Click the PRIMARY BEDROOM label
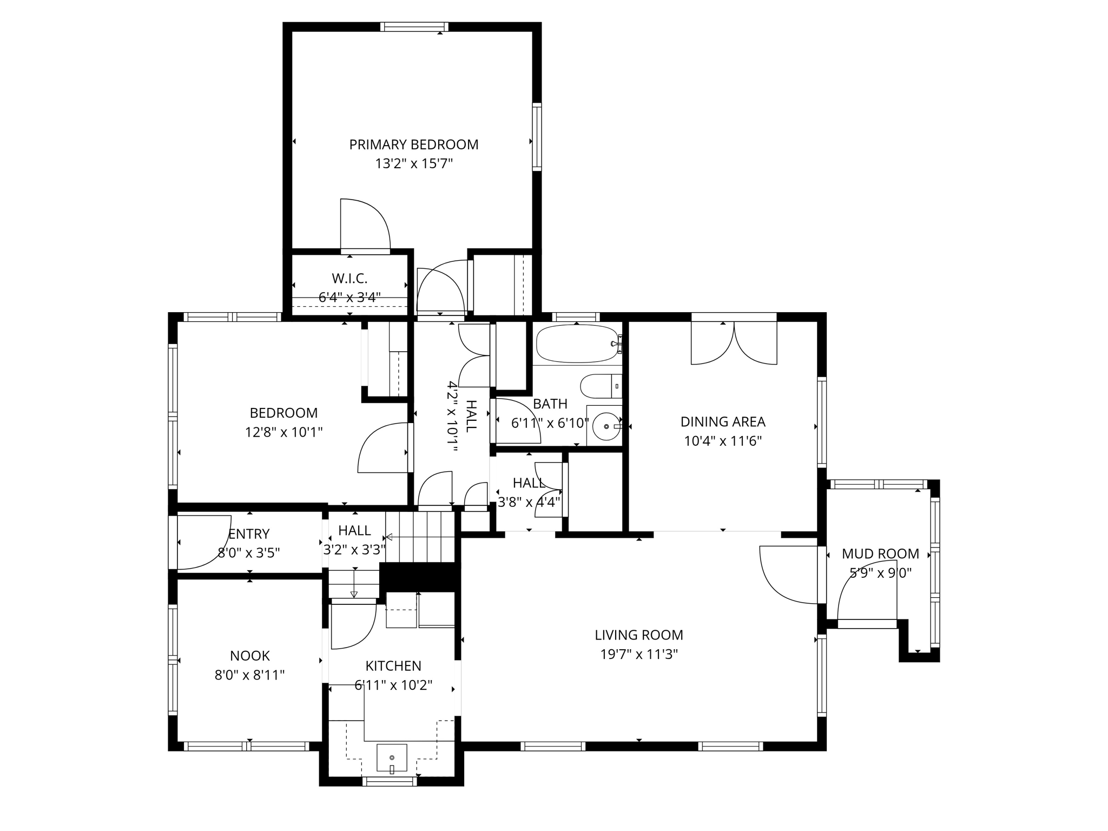tap(413, 144)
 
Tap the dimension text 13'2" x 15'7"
tap(413, 163)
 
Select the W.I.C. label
tap(349, 279)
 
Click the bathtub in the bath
tap(577, 344)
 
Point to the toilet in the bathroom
tap(601, 386)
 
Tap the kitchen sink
tap(392, 757)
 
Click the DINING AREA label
tap(723, 421)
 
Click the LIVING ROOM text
tap(639, 635)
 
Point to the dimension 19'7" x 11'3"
tap(639, 654)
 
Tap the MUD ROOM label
tap(880, 553)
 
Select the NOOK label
tap(249, 656)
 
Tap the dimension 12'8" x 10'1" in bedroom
tap(283, 432)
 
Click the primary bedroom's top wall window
tap(414, 27)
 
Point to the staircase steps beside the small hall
tap(420, 537)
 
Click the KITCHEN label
tap(393, 665)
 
